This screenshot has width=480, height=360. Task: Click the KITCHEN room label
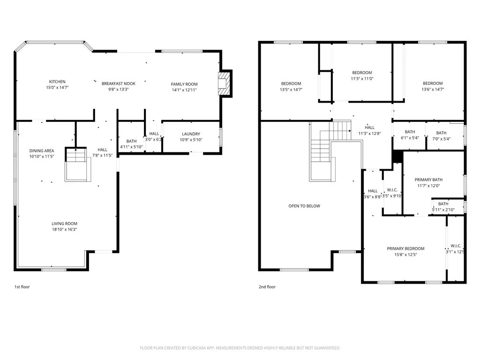pos(57,82)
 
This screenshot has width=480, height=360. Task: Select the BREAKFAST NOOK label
pos(119,83)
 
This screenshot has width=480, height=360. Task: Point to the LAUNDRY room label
pos(191,134)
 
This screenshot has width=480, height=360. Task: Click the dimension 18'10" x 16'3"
pos(65,230)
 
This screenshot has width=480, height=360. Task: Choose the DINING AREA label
pos(42,151)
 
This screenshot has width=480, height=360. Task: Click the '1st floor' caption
pos(22,287)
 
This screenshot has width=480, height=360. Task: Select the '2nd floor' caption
pos(267,287)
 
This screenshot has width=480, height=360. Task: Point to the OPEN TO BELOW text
pos(304,206)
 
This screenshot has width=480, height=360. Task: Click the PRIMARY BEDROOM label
pos(405,248)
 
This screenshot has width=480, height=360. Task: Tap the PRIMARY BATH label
pos(428,180)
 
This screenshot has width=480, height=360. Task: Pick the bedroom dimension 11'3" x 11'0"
pos(362,79)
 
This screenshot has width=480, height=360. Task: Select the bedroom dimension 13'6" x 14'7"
pos(432,89)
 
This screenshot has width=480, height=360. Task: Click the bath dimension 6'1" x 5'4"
pos(410,138)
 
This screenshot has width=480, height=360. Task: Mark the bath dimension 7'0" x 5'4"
pos(441,138)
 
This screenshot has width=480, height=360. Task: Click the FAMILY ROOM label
pos(184,84)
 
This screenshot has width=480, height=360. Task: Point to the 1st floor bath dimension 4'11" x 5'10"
pos(131,146)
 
